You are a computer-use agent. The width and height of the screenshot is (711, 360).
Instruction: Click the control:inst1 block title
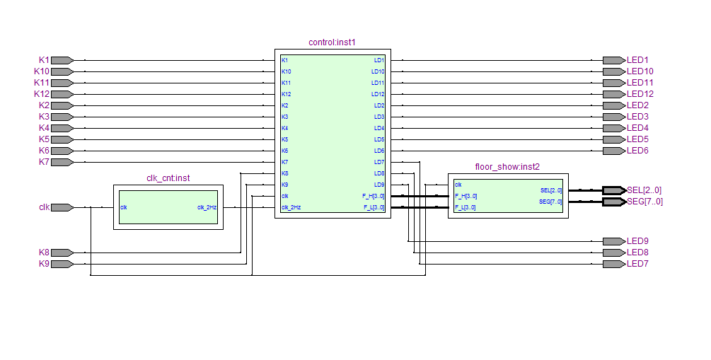tap(332, 42)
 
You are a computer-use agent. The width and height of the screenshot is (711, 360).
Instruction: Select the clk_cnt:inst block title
tap(168, 178)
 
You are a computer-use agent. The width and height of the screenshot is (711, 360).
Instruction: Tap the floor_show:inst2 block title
tap(507, 167)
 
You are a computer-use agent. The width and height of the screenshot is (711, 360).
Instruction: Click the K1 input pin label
tap(44, 60)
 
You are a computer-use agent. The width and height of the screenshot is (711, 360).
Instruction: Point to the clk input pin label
tap(44, 207)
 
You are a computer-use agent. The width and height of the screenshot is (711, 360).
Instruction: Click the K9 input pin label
tap(44, 264)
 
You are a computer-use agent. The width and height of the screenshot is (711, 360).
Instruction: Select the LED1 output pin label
tap(637, 60)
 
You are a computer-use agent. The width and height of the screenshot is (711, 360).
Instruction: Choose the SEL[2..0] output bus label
tap(644, 190)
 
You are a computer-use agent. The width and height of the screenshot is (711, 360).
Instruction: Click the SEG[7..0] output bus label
tap(644, 202)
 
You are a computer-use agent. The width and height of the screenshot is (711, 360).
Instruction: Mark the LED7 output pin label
tap(637, 264)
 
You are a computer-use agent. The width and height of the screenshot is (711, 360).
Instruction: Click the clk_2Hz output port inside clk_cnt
tap(207, 207)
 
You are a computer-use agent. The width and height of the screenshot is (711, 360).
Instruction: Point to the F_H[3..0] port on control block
tap(374, 196)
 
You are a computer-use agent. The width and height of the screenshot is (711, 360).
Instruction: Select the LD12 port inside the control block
tap(378, 94)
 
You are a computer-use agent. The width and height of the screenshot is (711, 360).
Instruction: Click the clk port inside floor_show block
tap(458, 185)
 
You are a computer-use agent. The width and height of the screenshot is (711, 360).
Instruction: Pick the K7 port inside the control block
tap(285, 162)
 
